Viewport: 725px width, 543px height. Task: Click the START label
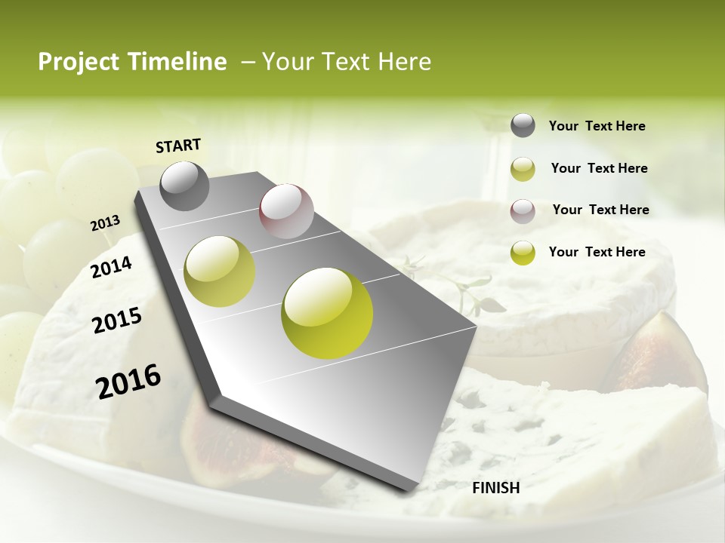pos(178,146)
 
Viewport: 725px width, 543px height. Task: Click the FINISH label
pos(495,488)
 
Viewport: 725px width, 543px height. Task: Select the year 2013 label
pos(105,222)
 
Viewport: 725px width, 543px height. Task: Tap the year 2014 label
pos(111,267)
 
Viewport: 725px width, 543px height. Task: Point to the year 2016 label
pos(128,382)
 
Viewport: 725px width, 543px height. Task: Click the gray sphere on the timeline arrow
pos(184,186)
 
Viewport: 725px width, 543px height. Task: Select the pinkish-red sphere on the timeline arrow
pos(286,211)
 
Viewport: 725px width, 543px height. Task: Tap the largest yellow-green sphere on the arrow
pos(327,313)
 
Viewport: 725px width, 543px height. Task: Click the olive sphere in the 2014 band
pos(220,271)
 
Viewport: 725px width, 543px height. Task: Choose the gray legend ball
pos(523,125)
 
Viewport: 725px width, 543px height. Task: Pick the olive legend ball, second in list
pos(523,169)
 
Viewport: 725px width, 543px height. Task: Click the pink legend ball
pos(523,211)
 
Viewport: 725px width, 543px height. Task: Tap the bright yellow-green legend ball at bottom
pos(523,253)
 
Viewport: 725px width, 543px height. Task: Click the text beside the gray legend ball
pos(597,126)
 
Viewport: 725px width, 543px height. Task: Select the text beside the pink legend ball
pos(600,210)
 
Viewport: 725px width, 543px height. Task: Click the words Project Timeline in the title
pos(132,62)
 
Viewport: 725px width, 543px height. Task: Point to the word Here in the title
pos(404,62)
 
